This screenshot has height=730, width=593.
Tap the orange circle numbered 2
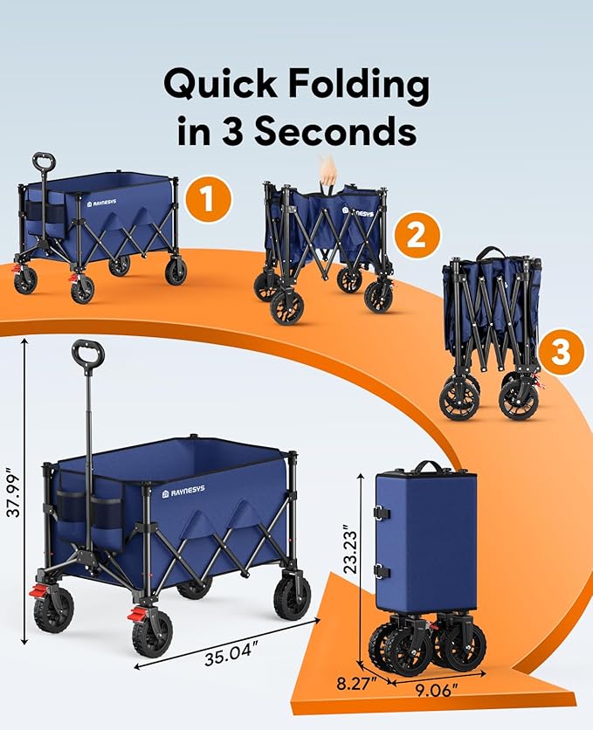(415, 233)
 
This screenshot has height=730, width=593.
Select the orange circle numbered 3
(561, 352)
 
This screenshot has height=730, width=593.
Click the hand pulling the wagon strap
(327, 169)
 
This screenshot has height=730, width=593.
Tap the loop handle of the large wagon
(88, 355)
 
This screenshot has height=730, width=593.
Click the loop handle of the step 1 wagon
(44, 163)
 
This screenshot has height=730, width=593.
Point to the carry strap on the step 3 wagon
(493, 252)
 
